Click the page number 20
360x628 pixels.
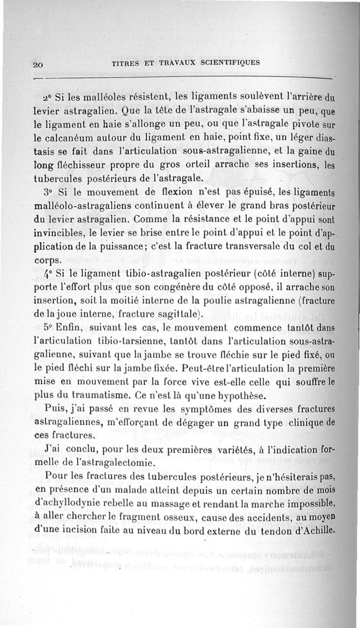click(38, 64)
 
